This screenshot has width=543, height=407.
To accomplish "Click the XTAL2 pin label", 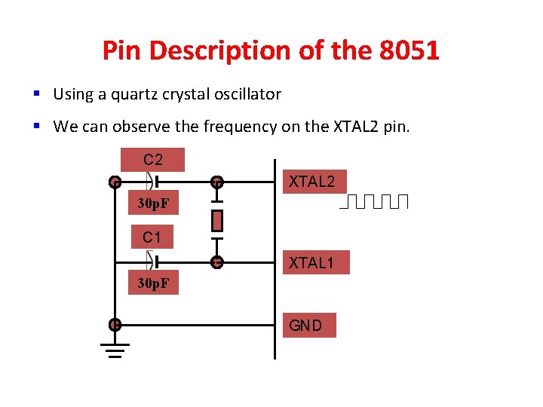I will click(x=314, y=182).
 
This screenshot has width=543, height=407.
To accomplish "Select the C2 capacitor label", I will click(x=152, y=160).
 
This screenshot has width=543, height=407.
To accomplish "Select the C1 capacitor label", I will click(x=152, y=237).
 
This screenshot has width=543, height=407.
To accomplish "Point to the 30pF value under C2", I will click(x=152, y=203).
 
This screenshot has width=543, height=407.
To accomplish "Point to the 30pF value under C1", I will click(x=152, y=283).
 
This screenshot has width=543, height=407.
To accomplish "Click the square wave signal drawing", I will click(x=374, y=201).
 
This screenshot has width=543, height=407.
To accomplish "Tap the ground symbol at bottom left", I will click(x=115, y=350).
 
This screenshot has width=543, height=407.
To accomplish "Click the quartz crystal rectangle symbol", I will click(x=217, y=221).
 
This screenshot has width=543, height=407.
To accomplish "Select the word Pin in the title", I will click(x=121, y=51).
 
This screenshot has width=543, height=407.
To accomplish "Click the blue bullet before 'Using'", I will click(x=36, y=94).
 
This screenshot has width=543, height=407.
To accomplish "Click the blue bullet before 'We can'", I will click(x=36, y=126).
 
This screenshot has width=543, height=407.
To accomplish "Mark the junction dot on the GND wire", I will click(x=115, y=325).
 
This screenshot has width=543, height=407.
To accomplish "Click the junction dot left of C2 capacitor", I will click(x=115, y=182).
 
